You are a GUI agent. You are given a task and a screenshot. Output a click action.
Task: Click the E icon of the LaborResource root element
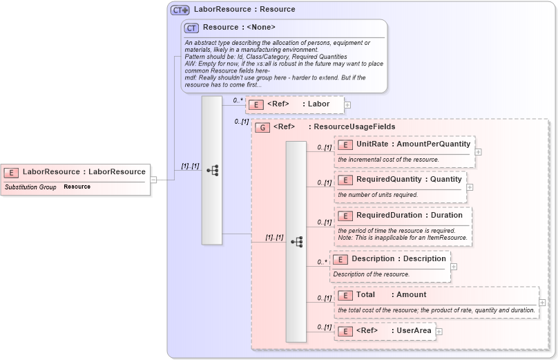(x=11, y=172)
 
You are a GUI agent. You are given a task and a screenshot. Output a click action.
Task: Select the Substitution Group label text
(x=30, y=187)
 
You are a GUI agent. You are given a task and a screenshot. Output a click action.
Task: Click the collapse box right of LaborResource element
(x=153, y=180)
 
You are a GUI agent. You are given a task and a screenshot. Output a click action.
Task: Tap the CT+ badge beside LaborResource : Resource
(x=180, y=10)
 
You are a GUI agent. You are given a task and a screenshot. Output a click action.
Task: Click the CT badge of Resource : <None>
(x=192, y=28)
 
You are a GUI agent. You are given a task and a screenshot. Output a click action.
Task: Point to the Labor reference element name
(x=318, y=104)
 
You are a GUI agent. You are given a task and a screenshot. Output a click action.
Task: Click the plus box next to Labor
(x=347, y=105)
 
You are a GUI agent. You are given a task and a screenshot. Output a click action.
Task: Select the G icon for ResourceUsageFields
(x=262, y=127)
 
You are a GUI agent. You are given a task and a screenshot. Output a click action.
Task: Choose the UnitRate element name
(x=370, y=144)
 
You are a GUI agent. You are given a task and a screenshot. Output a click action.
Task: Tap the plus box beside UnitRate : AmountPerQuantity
(x=478, y=151)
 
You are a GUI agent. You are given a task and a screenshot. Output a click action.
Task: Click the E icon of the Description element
(x=340, y=259)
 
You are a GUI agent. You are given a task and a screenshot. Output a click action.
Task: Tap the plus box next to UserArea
(x=439, y=332)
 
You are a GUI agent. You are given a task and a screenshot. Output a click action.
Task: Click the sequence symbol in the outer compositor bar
(x=212, y=170)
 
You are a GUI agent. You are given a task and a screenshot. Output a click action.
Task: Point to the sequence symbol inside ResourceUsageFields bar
(x=296, y=242)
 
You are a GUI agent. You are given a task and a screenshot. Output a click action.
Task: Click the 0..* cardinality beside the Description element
(x=322, y=262)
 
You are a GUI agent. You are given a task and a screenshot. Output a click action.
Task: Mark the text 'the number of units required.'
(x=378, y=195)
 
